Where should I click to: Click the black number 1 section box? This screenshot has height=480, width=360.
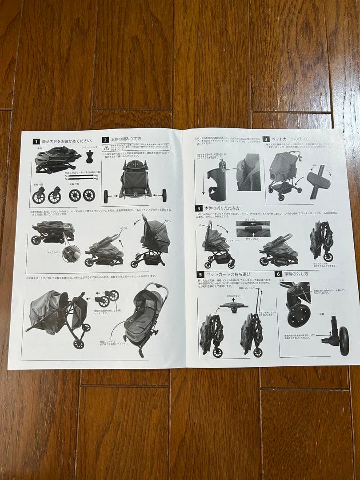pyautogui.click(x=36, y=141)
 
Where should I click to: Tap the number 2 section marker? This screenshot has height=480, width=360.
pyautogui.click(x=105, y=140)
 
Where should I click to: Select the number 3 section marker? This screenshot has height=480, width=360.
pyautogui.click(x=266, y=139)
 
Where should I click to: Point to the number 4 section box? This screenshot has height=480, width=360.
pyautogui.click(x=199, y=208)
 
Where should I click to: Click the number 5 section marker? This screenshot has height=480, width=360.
pyautogui.click(x=200, y=275)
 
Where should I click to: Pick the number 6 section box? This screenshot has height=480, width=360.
pyautogui.click(x=278, y=274)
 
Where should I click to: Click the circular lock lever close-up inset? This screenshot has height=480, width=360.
pyautogui.click(x=71, y=253)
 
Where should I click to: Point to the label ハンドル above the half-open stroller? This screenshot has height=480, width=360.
pyautogui.click(x=123, y=228)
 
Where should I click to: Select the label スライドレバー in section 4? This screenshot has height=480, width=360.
pyautogui.click(x=252, y=220)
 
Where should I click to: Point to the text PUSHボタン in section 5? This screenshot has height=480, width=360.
pyautogui.click(x=233, y=296)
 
